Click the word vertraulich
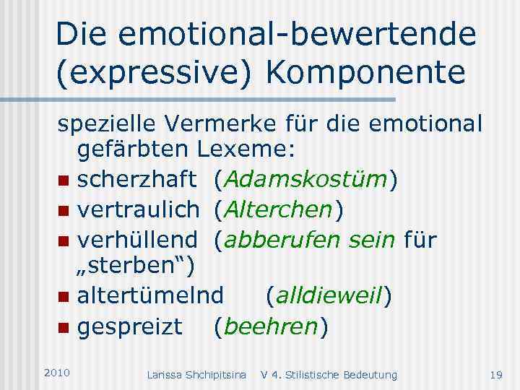137,209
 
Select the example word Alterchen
278,209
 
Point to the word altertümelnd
151,296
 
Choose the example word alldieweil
329,296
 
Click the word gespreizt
130,326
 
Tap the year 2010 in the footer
56,372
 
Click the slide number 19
495,374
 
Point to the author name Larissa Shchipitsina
196,374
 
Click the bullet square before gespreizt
64,327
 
